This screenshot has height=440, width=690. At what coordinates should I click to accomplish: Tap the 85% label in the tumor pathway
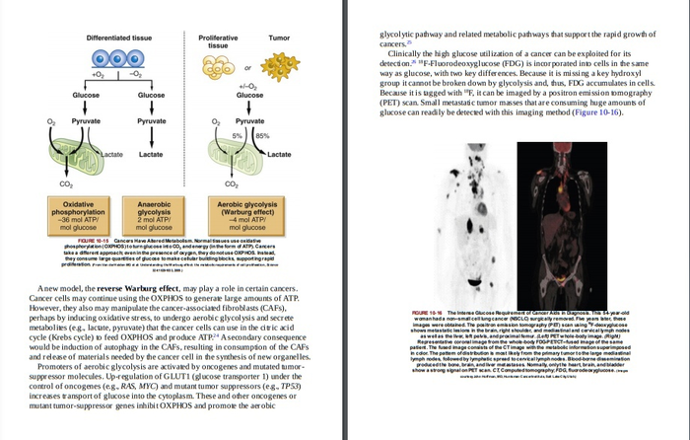click(263, 135)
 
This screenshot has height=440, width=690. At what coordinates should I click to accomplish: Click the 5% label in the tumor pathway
click(238, 135)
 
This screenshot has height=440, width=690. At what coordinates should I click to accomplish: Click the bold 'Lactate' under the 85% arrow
click(279, 155)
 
